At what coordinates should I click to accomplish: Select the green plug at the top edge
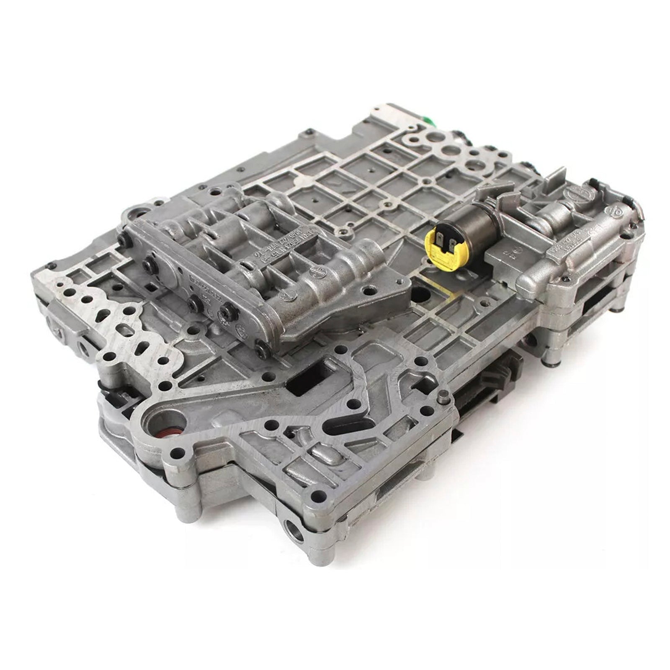coord(429,120)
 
